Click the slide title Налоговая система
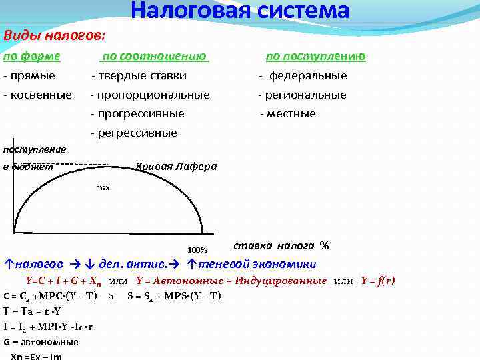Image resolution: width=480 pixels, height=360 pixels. coord(240,11)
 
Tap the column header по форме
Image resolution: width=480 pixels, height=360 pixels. coord(31,56)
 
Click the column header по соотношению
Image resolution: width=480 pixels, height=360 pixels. coord(154,56)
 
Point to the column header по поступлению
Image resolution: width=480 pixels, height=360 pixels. coord(315,56)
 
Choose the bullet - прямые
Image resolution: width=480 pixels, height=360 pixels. coord(29,76)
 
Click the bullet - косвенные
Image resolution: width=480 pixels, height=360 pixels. coord(37,95)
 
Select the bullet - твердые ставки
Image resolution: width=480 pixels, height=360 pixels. coord(139,76)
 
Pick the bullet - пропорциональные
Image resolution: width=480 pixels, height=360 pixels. coord(150,95)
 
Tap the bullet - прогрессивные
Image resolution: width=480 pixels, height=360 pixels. coord(137,114)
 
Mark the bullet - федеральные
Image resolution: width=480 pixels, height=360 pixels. coord(303,76)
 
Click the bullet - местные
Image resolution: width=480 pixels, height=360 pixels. coord(288,114)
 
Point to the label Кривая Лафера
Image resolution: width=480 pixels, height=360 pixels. coord(176,166)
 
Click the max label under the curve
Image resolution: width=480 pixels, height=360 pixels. coord(103,188)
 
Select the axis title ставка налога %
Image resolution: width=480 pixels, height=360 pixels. coord(281,245)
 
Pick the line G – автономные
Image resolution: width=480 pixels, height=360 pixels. coord(41,342)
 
